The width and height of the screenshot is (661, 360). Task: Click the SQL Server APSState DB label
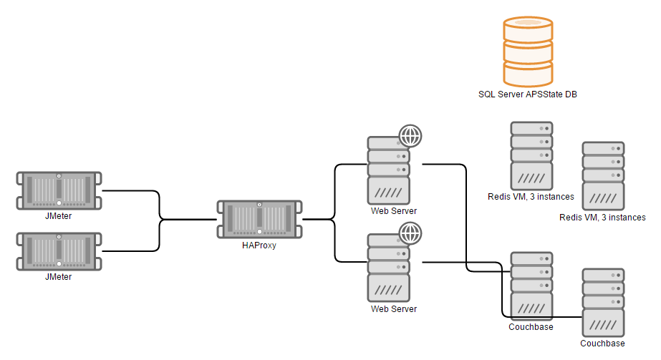(528, 94)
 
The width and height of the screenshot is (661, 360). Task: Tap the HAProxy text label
(259, 245)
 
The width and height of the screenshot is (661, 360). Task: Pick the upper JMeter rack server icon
(59, 190)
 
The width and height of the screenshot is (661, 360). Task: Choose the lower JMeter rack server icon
(59, 251)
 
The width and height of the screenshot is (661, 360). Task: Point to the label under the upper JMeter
(59, 215)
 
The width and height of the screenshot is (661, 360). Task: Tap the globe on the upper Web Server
(410, 135)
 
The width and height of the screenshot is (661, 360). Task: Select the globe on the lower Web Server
(410, 233)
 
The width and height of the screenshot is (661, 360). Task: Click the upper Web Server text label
(393, 211)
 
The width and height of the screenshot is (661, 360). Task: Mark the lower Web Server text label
(393, 309)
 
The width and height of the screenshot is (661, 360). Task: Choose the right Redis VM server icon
(603, 175)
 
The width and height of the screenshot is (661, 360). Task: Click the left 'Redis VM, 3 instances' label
(531, 195)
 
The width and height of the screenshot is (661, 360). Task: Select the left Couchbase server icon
(531, 286)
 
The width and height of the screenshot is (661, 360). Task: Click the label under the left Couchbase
(531, 327)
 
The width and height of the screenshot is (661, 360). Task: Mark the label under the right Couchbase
(602, 344)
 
